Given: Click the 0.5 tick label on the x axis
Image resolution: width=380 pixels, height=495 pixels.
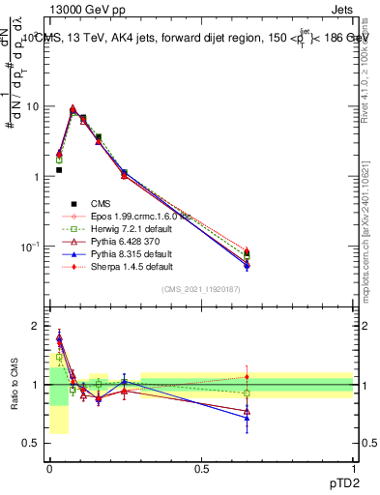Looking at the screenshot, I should pyautogui.click(x=201, y=469).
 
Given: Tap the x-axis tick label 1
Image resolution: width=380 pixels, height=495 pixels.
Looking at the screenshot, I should pyautogui.click(x=354, y=469).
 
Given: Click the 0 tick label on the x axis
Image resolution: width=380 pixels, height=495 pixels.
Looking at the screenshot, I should pyautogui.click(x=49, y=469).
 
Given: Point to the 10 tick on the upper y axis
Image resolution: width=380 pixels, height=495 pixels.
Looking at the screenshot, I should pyautogui.click(x=34, y=106).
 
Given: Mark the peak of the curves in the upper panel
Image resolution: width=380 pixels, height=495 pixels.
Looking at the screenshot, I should pyautogui.click(x=73, y=109).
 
